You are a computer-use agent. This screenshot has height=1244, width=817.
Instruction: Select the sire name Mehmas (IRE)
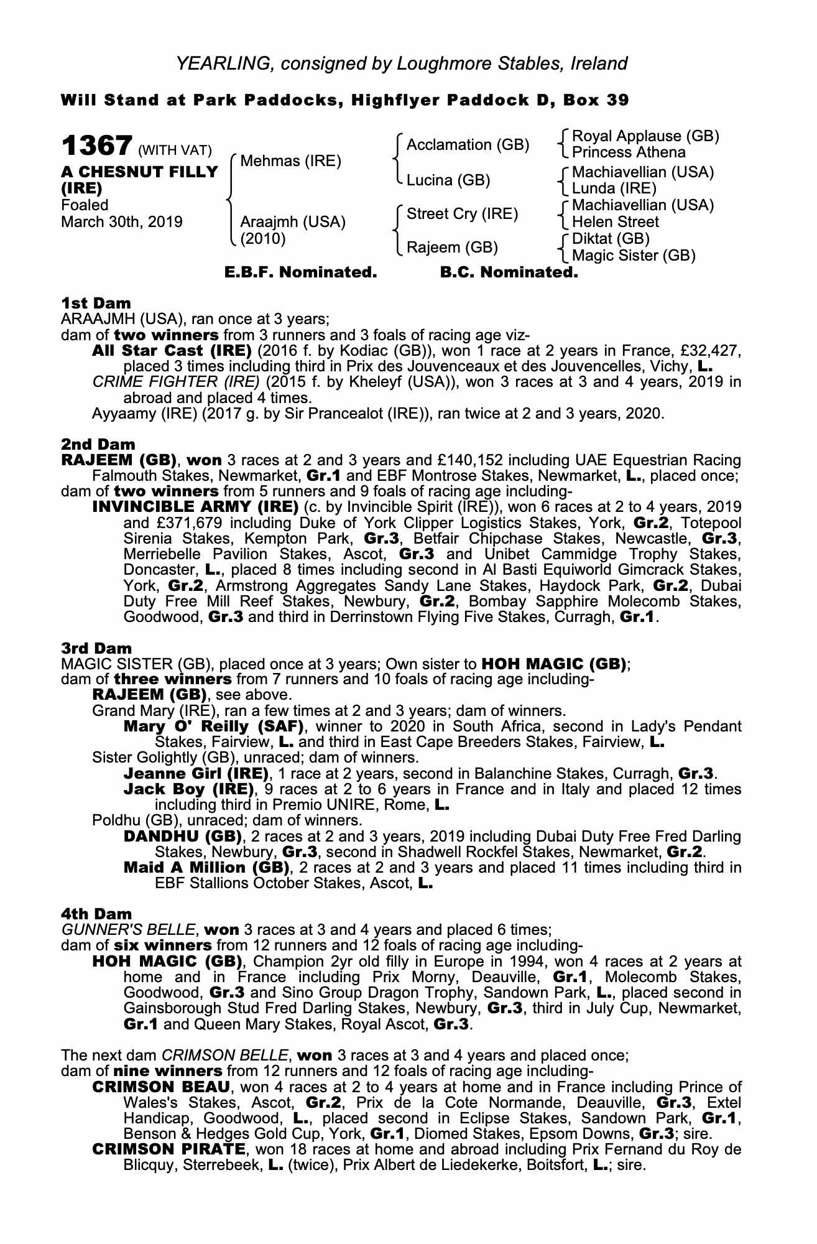click(x=290, y=162)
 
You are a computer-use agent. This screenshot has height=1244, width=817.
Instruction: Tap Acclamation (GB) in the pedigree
click(x=468, y=145)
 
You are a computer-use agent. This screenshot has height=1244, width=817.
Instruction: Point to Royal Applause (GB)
click(x=645, y=136)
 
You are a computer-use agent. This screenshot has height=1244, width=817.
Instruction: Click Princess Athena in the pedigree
click(x=629, y=153)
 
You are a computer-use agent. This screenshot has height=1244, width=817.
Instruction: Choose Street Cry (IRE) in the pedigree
click(x=462, y=214)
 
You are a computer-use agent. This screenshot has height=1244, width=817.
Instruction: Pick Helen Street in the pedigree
click(x=615, y=222)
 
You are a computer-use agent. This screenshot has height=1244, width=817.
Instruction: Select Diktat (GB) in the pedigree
click(x=611, y=239)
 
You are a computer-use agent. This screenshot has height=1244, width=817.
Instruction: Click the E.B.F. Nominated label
click(x=300, y=272)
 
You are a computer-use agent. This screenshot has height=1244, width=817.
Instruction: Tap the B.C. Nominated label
click(x=509, y=272)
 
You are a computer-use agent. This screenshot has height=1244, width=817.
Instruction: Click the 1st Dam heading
click(x=96, y=304)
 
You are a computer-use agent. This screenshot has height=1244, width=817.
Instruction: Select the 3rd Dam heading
click(x=96, y=649)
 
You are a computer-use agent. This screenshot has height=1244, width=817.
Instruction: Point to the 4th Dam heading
click(x=96, y=914)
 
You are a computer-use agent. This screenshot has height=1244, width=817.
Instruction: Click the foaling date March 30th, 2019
click(x=122, y=222)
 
